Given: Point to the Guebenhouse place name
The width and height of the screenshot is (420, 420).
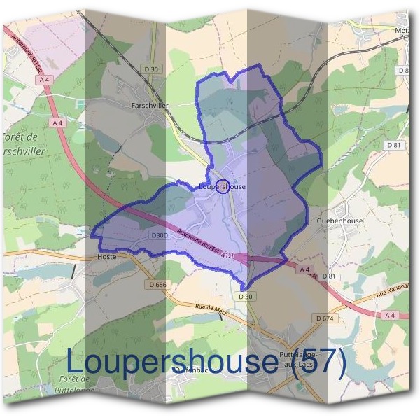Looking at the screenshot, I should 339,220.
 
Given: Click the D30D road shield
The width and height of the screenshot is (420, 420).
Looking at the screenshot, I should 160,235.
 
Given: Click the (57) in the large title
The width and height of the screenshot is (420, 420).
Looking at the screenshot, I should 318,362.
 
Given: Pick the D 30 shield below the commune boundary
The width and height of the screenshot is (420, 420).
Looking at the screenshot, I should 245,297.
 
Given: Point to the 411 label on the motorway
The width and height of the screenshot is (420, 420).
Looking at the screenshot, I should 227,258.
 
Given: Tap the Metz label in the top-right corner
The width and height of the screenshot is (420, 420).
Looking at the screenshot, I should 402,31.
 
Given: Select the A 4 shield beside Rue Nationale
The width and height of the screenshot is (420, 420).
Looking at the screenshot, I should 389,316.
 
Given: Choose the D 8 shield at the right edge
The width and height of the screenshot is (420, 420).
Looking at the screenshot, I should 403,71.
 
